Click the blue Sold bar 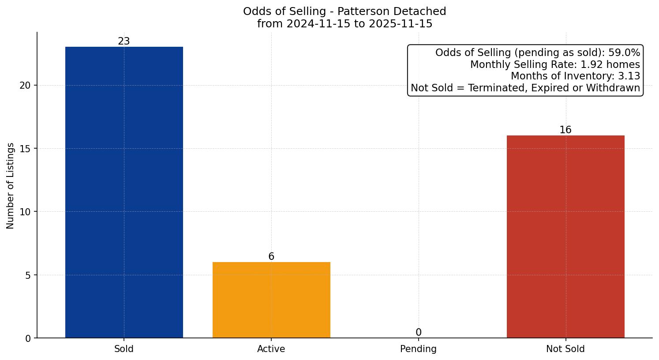pyautogui.click(x=124, y=192)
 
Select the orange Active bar pyautogui.click(x=271, y=300)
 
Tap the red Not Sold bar pyautogui.click(x=565, y=236)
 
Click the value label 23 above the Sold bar pyautogui.click(x=124, y=41)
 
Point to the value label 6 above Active pyautogui.click(x=271, y=257)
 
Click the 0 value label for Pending pyautogui.click(x=418, y=333)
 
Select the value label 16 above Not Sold pyautogui.click(x=565, y=130)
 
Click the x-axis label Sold pyautogui.click(x=124, y=349)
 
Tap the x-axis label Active pyautogui.click(x=271, y=349)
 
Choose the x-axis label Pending pyautogui.click(x=418, y=349)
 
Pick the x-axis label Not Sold pyautogui.click(x=565, y=349)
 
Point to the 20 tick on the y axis pyautogui.click(x=25, y=86)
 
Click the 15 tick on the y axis pyautogui.click(x=25, y=149)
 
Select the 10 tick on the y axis pyautogui.click(x=25, y=212)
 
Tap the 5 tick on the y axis pyautogui.click(x=28, y=275)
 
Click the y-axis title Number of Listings pyautogui.click(x=11, y=186)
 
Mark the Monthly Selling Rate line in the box pyautogui.click(x=555, y=64)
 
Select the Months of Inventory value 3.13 pyautogui.click(x=629, y=76)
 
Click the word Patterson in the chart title pyautogui.click(x=362, y=11)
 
